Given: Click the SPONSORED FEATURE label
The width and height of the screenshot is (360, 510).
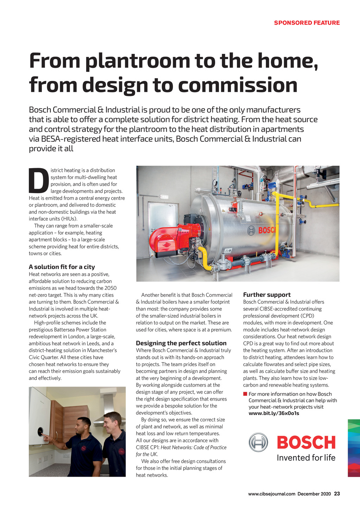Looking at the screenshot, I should click(307, 23).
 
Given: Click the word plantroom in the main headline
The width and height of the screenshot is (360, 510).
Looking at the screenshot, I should click(137, 60).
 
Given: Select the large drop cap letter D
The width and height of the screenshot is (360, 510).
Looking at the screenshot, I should click(38, 181).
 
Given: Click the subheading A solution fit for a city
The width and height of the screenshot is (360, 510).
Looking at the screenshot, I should click(62, 267).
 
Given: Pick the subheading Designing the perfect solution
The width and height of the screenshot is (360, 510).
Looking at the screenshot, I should click(181, 343).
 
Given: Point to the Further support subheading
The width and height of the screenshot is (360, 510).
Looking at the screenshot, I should click(267, 295).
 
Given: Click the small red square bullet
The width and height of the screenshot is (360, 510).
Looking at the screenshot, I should click(245, 394).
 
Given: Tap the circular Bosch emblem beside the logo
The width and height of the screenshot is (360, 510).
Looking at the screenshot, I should click(258, 442).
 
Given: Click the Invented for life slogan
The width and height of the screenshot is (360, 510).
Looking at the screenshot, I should click(306, 458).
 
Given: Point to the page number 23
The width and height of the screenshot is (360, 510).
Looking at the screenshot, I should click(337, 494).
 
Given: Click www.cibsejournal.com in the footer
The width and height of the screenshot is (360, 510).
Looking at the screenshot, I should click(271, 494).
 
